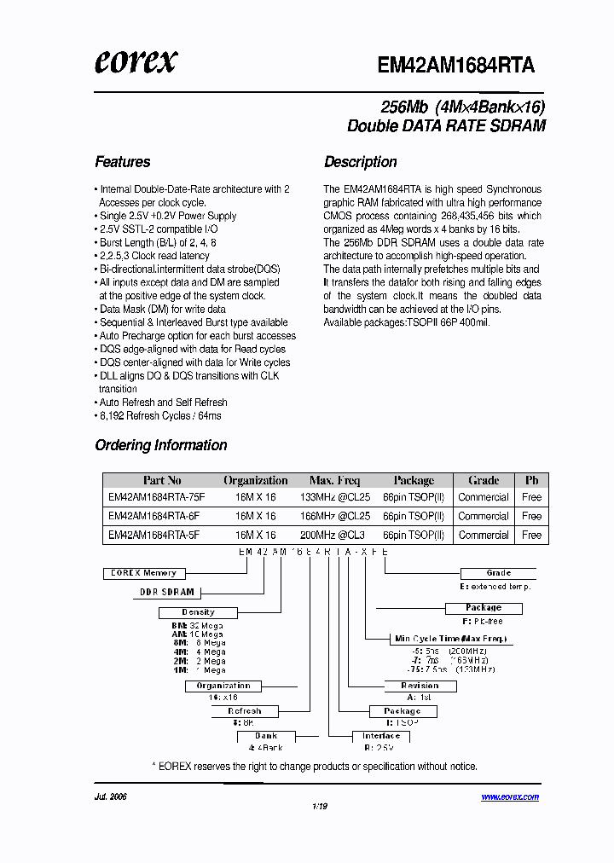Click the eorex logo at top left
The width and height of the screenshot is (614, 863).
click(x=136, y=61)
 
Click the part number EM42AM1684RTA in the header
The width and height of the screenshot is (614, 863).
click(x=455, y=66)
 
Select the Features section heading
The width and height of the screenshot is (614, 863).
click(x=123, y=162)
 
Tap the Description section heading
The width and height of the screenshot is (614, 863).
click(x=360, y=162)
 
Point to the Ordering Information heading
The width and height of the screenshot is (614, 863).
click(x=161, y=445)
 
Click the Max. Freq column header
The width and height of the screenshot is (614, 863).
click(x=334, y=480)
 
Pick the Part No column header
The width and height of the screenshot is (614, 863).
click(x=162, y=480)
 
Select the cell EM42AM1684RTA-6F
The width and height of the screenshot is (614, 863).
click(x=153, y=516)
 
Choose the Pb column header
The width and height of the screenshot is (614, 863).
click(x=531, y=480)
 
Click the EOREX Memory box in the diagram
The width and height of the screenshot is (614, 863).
click(x=143, y=573)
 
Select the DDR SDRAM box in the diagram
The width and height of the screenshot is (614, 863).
click(x=167, y=592)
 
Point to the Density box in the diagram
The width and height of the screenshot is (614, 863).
click(x=198, y=612)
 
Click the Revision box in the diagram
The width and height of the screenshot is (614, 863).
click(x=420, y=686)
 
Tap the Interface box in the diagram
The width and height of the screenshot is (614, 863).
click(x=381, y=736)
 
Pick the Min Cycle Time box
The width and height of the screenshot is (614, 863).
click(x=450, y=638)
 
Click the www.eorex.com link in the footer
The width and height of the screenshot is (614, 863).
click(x=510, y=797)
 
